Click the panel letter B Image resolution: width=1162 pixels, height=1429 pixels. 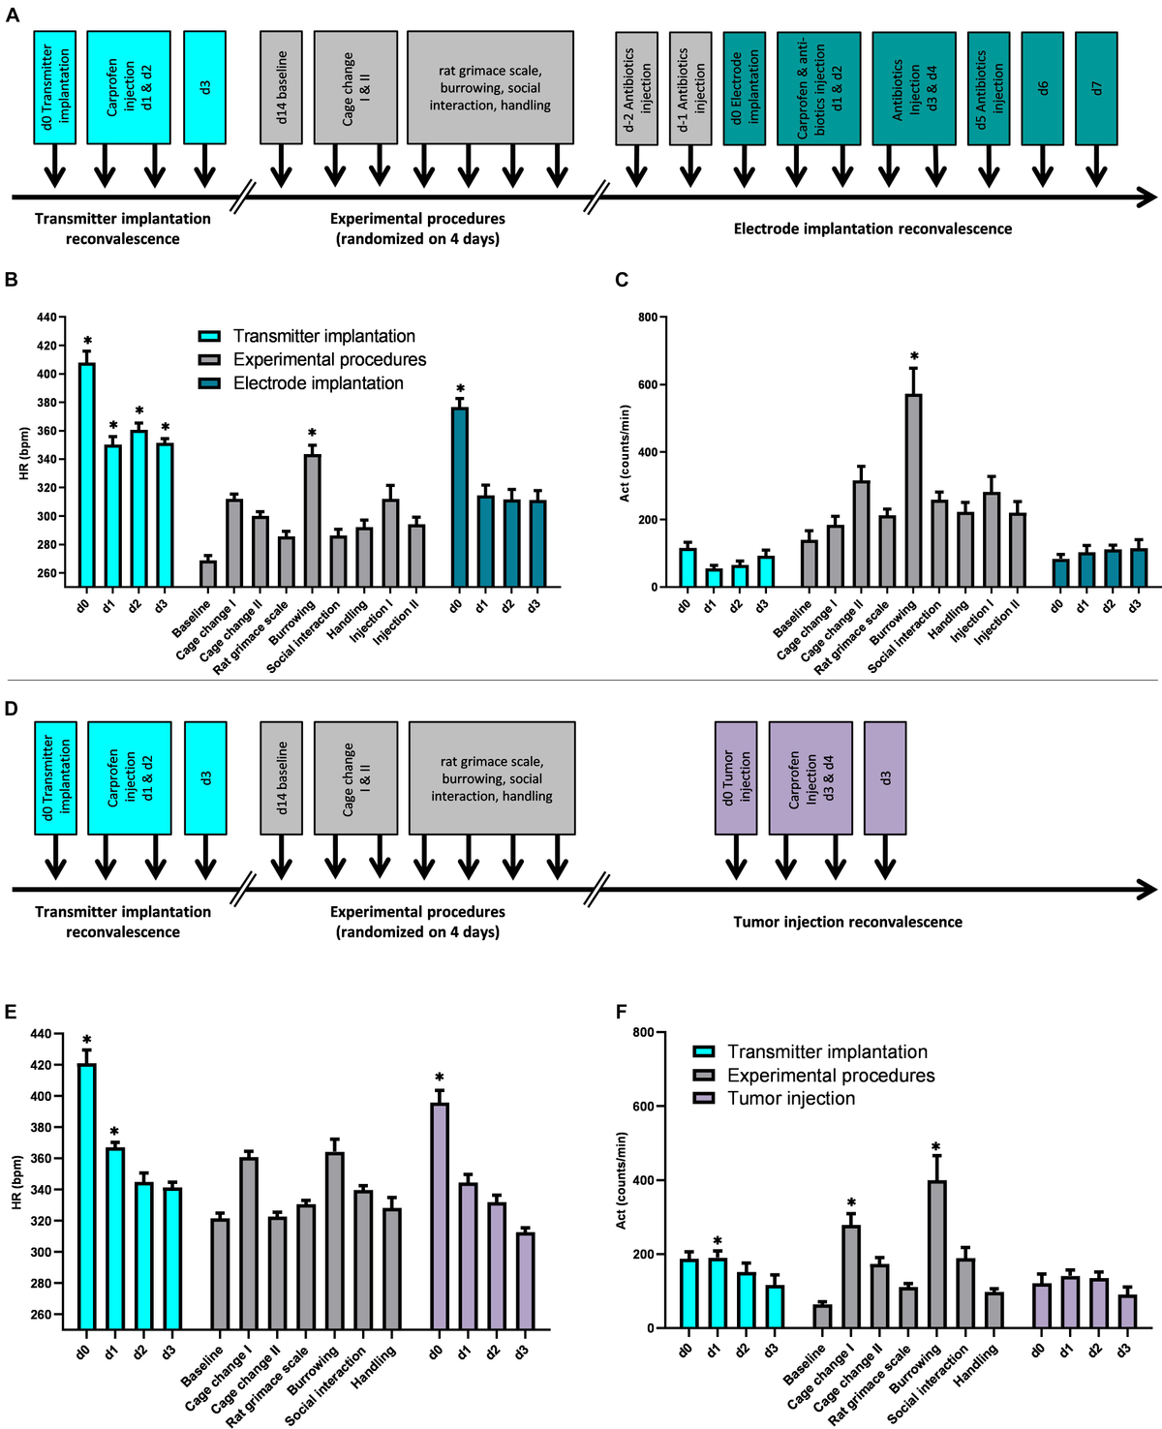pyautogui.click(x=12, y=280)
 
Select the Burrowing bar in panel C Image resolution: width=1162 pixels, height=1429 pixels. pyautogui.click(x=913, y=490)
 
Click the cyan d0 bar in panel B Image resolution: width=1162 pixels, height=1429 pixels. pyautogui.click(x=86, y=473)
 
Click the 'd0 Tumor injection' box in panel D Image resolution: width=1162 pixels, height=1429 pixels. pyautogui.click(x=736, y=777)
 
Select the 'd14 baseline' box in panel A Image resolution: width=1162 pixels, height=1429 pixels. pyautogui.click(x=281, y=87)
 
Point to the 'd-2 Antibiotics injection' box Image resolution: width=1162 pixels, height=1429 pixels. pyautogui.click(x=636, y=88)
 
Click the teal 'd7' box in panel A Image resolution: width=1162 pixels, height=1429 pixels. pyautogui.click(x=1096, y=87)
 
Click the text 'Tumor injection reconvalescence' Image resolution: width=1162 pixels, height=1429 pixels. pyautogui.click(x=847, y=922)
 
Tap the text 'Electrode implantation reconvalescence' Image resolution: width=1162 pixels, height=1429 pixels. pyautogui.click(x=872, y=229)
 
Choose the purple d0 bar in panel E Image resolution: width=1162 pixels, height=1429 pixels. pyautogui.click(x=440, y=1215)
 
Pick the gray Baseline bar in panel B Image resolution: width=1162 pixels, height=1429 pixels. pyautogui.click(x=207, y=573)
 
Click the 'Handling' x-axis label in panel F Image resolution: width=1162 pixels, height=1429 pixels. pyautogui.click(x=974, y=1366)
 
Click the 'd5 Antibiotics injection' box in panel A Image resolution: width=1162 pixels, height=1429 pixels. pyautogui.click(x=989, y=87)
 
